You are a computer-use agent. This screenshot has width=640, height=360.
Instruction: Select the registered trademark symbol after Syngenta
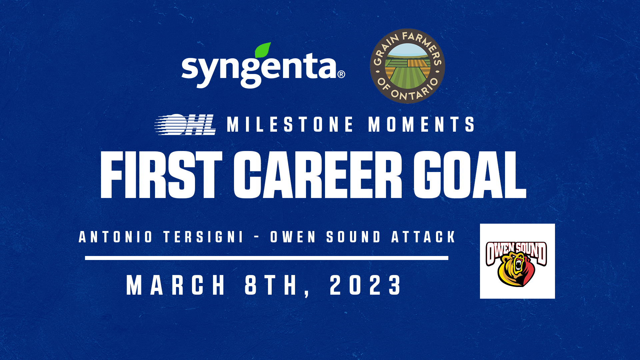[x=341, y=74]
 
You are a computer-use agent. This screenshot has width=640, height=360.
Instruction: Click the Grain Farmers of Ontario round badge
[x=407, y=66]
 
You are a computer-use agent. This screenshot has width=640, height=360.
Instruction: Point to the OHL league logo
[x=185, y=125]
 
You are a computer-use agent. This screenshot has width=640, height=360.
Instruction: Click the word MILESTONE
[x=290, y=124]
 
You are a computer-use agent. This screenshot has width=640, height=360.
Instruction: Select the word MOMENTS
[x=421, y=124]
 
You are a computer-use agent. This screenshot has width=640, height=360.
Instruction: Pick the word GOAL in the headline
[x=470, y=175]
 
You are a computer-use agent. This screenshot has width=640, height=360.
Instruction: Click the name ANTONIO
[x=116, y=237]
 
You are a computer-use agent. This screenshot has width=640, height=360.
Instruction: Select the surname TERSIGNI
[x=203, y=237]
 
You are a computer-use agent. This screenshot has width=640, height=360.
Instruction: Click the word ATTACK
[x=423, y=237]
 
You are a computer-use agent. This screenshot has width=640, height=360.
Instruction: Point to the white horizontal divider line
[x=267, y=258]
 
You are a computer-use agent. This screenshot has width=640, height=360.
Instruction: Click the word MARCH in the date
[x=176, y=285]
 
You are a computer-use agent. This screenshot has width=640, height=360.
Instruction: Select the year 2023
[x=366, y=285]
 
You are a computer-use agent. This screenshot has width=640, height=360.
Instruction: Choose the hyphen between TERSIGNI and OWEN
[x=257, y=237]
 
